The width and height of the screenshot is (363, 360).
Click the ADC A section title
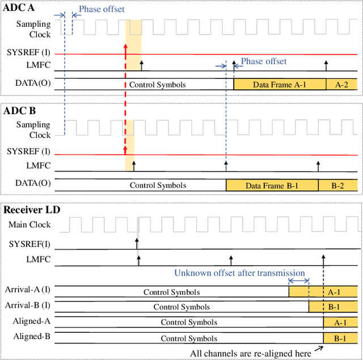tap(19, 7)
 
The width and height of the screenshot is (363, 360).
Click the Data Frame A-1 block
tap(280, 85)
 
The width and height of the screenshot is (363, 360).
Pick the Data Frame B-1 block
tap(272, 185)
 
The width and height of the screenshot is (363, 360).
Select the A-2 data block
tap(342, 85)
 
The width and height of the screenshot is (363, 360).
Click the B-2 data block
tap(337, 185)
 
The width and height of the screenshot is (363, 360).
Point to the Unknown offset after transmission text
tap(239, 273)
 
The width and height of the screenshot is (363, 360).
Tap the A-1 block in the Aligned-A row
tap(340, 323)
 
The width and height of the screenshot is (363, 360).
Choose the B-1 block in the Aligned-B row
tap(340, 338)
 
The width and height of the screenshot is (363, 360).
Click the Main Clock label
tap(29, 225)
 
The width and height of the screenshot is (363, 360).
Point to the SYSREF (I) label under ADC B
tap(28, 152)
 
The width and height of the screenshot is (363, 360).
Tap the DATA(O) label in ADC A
tap(32, 83)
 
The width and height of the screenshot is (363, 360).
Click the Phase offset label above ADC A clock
tap(102, 9)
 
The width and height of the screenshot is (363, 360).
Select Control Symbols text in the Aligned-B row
tap(188, 338)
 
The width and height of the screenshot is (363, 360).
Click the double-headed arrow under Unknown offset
tap(298, 281)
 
